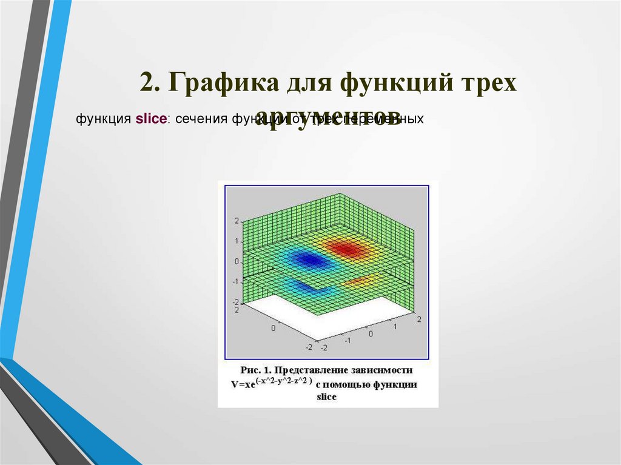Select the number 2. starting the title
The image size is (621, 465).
tap(149, 83)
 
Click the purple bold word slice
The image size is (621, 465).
tap(151, 119)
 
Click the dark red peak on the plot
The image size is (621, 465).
tap(345, 248)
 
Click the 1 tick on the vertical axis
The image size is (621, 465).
tap(236, 241)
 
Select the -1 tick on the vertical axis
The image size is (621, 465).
tap(235, 282)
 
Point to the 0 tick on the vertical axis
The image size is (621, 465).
tap(236, 262)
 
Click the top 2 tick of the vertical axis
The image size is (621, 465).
tap(236, 221)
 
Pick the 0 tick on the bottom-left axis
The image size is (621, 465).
tap(273, 328)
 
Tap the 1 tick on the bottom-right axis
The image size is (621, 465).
tap(395, 327)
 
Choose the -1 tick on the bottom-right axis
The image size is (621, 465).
tap(347, 340)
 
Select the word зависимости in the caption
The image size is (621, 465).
tap(383, 369)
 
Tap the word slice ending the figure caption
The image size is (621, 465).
tap(326, 397)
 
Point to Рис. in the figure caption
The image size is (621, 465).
tap(250, 369)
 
